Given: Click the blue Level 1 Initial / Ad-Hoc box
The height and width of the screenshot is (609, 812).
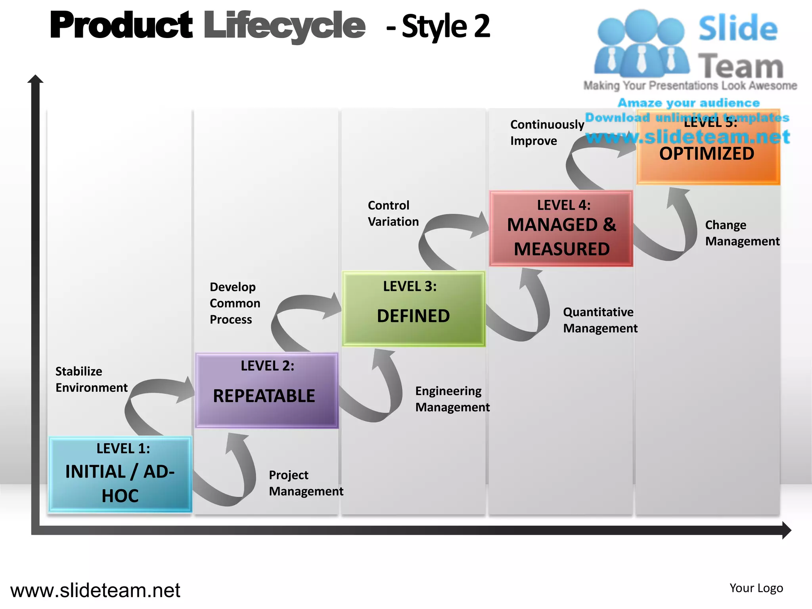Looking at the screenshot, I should click(120, 474).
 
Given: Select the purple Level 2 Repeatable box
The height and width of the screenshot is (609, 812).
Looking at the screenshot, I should click(267, 391).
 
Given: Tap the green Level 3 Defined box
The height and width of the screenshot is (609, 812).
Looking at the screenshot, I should click(414, 308).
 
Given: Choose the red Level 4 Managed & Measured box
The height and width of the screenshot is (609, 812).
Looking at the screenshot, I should click(561, 228).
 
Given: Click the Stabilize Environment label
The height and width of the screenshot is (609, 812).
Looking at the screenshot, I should click(91, 379).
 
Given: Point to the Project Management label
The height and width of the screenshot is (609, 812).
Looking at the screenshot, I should click(306, 483).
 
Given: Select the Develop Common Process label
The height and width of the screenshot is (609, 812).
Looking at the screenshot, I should click(235, 303).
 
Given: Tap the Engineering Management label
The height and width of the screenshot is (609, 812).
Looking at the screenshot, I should click(452, 399).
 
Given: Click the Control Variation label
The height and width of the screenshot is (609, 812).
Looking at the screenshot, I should click(393, 213).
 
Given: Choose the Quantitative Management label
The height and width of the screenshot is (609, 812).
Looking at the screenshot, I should click(600, 320).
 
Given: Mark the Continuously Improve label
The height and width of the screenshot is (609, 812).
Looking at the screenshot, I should click(547, 132).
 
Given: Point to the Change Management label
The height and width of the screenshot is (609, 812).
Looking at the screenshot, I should click(742, 233).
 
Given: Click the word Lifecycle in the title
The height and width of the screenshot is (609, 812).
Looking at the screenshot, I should click(284, 26).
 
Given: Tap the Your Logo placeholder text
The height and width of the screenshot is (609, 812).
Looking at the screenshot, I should click(756, 588).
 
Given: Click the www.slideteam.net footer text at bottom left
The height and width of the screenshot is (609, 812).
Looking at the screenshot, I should click(95, 590).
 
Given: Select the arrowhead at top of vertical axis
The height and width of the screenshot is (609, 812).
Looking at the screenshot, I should click(35, 79).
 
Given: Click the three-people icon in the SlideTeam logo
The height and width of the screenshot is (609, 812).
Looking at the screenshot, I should click(641, 44).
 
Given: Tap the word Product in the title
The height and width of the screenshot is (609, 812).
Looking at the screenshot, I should click(121, 25).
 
